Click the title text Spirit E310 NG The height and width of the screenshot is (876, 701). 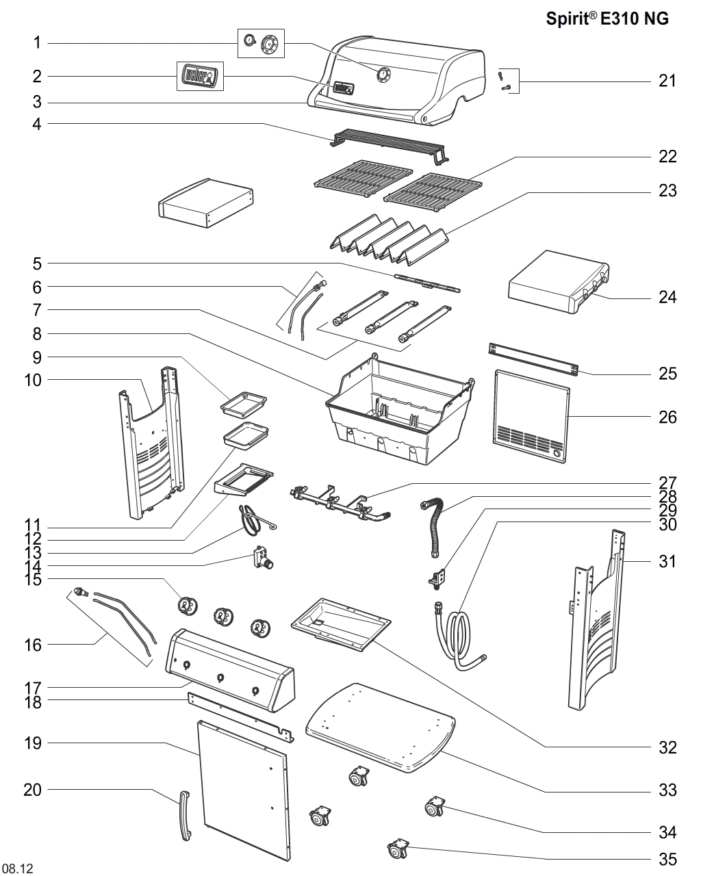click(607, 19)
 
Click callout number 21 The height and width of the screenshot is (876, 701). click(667, 81)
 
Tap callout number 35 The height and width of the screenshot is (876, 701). click(667, 859)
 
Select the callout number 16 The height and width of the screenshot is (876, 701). click(33, 645)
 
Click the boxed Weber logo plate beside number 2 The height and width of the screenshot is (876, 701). click(200, 75)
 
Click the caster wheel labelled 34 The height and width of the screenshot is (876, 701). click(435, 808)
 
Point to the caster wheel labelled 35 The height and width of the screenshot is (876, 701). click(398, 850)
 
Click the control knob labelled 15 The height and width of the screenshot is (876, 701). click(186, 606)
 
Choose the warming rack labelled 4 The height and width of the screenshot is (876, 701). click(387, 145)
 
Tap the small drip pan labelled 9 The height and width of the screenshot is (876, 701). click(242, 405)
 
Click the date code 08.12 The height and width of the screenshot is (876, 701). click(18, 868)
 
